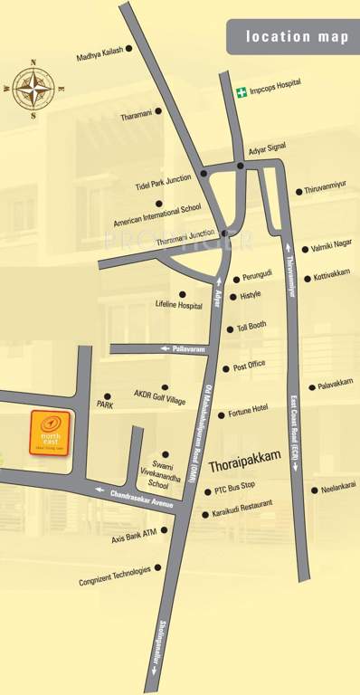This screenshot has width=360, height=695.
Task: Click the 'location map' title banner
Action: coord(298,37)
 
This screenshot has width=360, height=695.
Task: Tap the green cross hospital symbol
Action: coord(242,92)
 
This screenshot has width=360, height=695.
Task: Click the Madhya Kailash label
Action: coord(100,56)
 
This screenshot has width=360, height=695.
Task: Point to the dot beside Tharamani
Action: coord(157,112)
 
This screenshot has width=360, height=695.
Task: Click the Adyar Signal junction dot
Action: coord(241,166)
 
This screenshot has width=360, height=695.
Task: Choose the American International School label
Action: coord(157,215)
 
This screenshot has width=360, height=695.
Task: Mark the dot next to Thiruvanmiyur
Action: coord(298,191)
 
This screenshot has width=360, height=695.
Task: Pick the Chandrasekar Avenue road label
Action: coord(141,497)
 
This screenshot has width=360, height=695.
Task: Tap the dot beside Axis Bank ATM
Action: coord(165,531)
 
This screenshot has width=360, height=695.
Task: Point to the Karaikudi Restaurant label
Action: coord(242,508)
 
